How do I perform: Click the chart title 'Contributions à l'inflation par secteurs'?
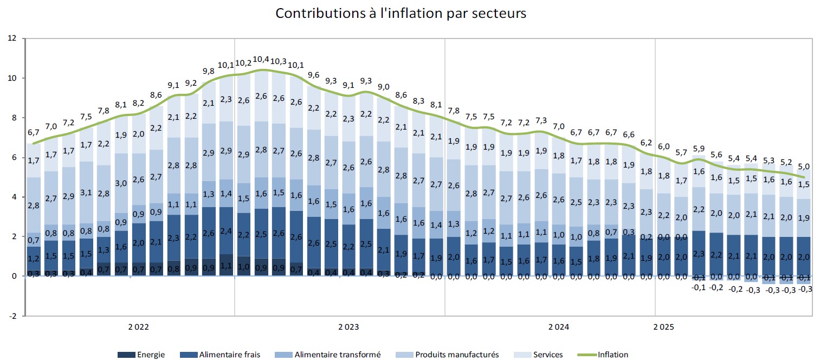[x=401, y=14]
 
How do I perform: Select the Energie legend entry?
[x=141, y=355]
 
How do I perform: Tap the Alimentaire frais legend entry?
[x=222, y=355]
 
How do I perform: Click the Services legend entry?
[x=539, y=355]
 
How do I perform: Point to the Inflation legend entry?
[x=604, y=355]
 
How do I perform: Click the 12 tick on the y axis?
[x=12, y=38]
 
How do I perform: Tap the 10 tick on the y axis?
[x=12, y=78]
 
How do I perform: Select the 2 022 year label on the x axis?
[x=138, y=327]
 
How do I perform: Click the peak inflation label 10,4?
[x=261, y=59]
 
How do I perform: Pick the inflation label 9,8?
[x=209, y=71]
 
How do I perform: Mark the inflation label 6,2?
[x=646, y=143]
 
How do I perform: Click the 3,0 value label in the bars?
[x=121, y=183]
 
